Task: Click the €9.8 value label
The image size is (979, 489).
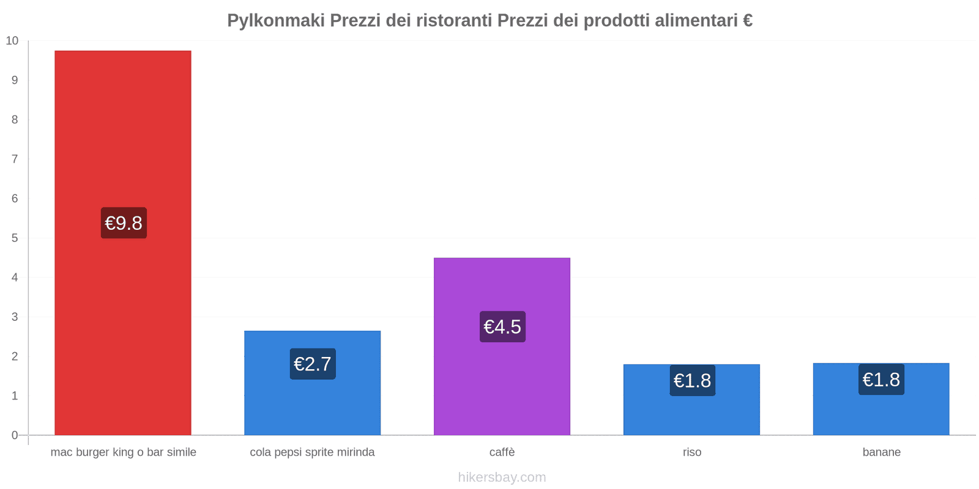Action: click(x=124, y=223)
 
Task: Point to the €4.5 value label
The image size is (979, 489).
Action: click(x=502, y=327)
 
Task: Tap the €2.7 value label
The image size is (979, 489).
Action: click(x=313, y=364)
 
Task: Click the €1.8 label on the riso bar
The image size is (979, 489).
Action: click(x=692, y=381)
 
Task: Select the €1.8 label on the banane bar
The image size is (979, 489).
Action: click(x=881, y=380)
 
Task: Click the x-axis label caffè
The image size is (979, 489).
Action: click(x=502, y=452)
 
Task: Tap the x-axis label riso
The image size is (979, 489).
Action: click(x=692, y=452)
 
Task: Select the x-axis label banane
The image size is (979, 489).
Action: click(x=881, y=452)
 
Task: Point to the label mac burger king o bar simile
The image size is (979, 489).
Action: click(x=124, y=452)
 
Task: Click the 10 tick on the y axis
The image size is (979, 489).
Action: click(x=12, y=41)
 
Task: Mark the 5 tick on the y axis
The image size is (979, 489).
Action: click(x=15, y=238)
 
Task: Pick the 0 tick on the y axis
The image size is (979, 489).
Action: click(x=15, y=435)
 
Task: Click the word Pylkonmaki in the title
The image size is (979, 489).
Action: click(x=276, y=21)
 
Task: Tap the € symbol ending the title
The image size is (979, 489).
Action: click(x=748, y=21)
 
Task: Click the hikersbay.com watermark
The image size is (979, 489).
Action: click(x=502, y=477)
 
